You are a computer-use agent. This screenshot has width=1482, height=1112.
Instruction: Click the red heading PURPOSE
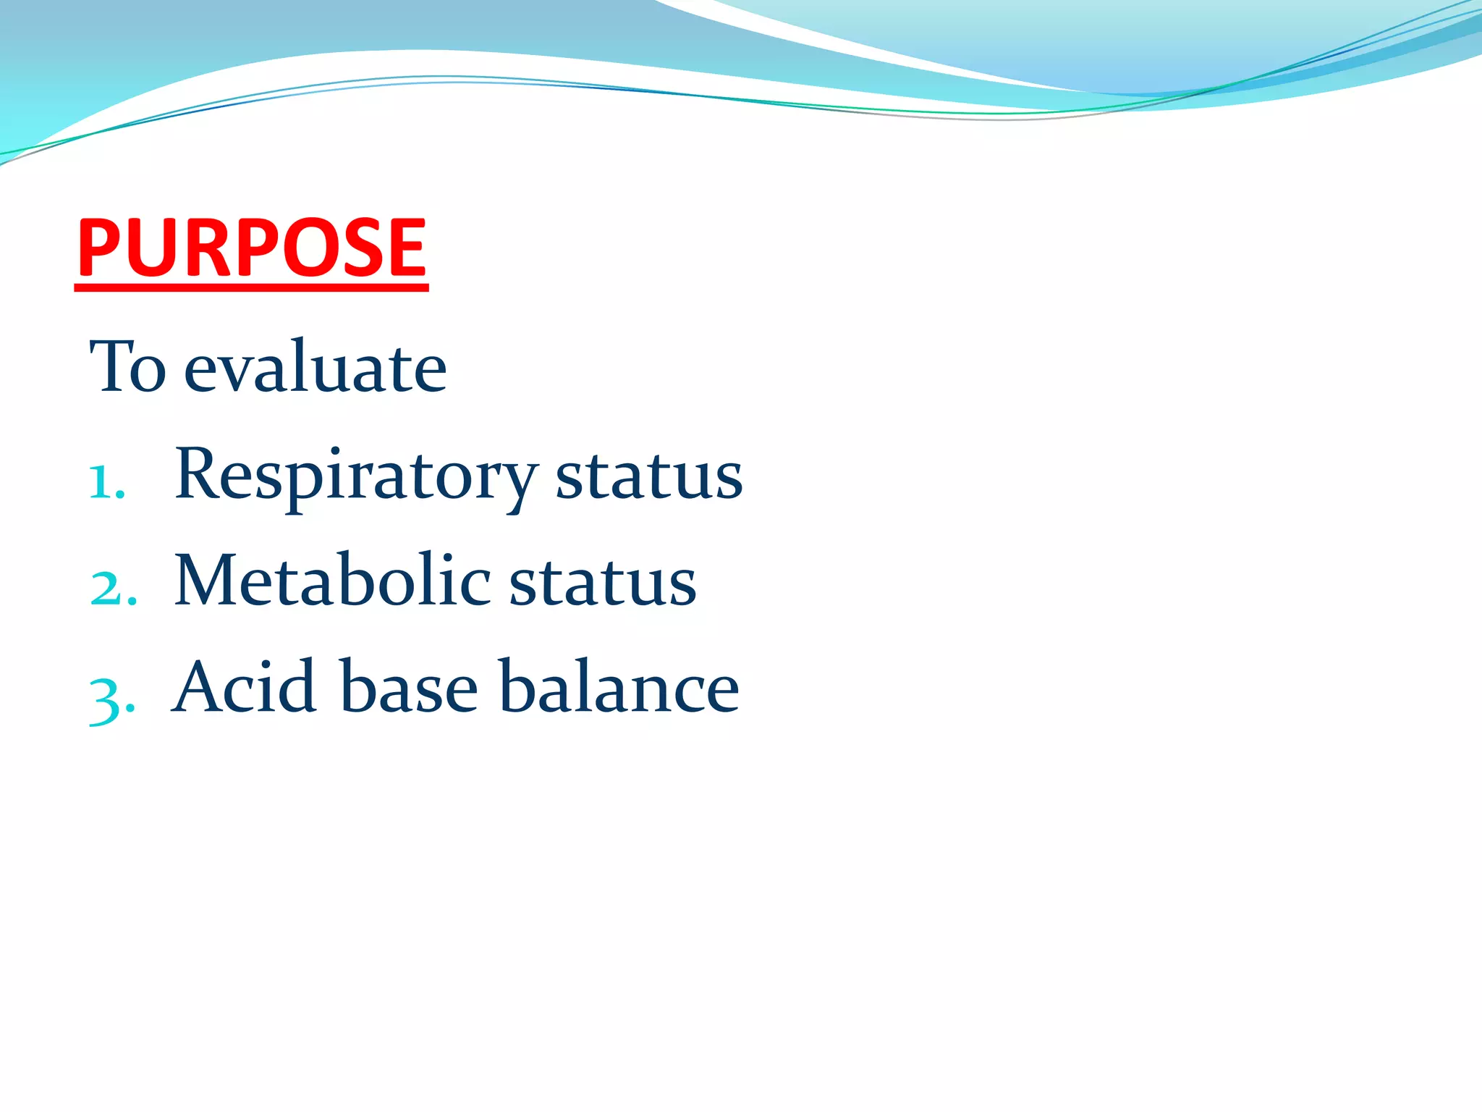click(x=252, y=248)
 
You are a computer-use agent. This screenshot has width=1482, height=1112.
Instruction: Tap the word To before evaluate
click(x=127, y=368)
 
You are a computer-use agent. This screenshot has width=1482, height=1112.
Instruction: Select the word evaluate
click(x=316, y=368)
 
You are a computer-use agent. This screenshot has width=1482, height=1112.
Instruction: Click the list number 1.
click(x=106, y=482)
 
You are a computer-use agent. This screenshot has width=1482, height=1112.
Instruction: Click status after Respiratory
click(x=649, y=476)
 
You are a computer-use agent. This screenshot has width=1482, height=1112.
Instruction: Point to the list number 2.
click(x=113, y=588)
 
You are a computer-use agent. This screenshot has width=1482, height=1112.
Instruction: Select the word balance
click(x=619, y=687)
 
